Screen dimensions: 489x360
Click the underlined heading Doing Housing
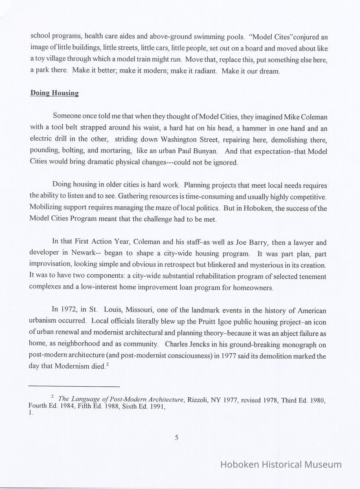pos(54,93)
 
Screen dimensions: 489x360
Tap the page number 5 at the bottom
pos(177,438)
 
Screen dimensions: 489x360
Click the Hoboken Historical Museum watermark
pos(281,464)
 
